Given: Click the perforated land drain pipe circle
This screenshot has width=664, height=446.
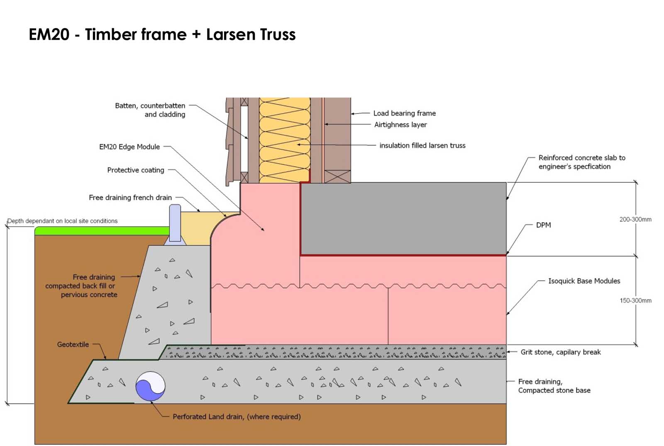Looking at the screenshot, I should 150,386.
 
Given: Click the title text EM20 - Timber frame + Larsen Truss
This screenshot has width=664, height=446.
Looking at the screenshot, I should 162,34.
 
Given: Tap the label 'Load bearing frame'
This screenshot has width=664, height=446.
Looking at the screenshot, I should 404,113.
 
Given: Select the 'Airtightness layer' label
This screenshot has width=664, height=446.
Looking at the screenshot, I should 400,125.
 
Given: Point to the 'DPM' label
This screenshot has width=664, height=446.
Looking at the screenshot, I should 543,225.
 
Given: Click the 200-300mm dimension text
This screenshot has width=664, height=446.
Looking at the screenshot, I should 635,219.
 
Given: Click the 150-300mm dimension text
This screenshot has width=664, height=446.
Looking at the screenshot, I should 635,301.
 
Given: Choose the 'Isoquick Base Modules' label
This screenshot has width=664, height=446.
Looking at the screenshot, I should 584,281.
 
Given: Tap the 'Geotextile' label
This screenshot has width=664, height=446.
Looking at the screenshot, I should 73,344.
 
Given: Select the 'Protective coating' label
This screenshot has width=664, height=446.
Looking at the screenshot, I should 135,170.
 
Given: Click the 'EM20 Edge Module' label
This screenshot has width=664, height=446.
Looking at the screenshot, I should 129,147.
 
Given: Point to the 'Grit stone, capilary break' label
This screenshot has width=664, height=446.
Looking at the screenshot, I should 560,352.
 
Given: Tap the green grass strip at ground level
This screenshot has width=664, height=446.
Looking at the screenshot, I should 102,231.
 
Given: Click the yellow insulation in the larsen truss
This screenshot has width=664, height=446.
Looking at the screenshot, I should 285,141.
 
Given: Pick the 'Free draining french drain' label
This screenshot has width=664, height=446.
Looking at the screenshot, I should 130,198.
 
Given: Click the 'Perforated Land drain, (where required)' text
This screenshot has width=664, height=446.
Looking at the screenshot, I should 237,417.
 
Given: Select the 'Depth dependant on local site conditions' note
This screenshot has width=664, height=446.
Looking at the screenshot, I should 62,221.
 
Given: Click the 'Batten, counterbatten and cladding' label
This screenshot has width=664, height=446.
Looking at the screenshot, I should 150,110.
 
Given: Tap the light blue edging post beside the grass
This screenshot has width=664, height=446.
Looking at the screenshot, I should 175,223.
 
